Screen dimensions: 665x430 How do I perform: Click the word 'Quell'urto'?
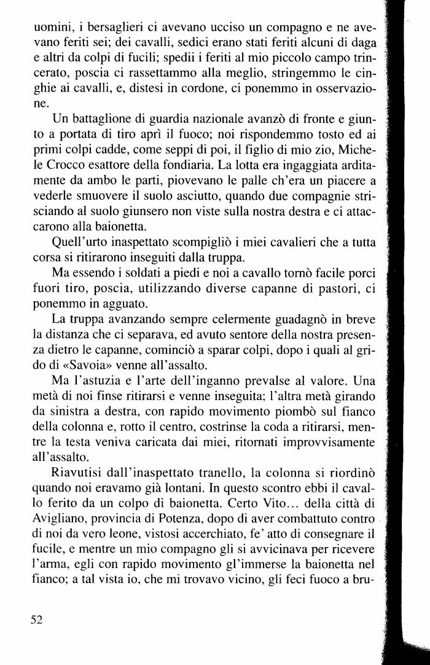pos(81,240)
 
